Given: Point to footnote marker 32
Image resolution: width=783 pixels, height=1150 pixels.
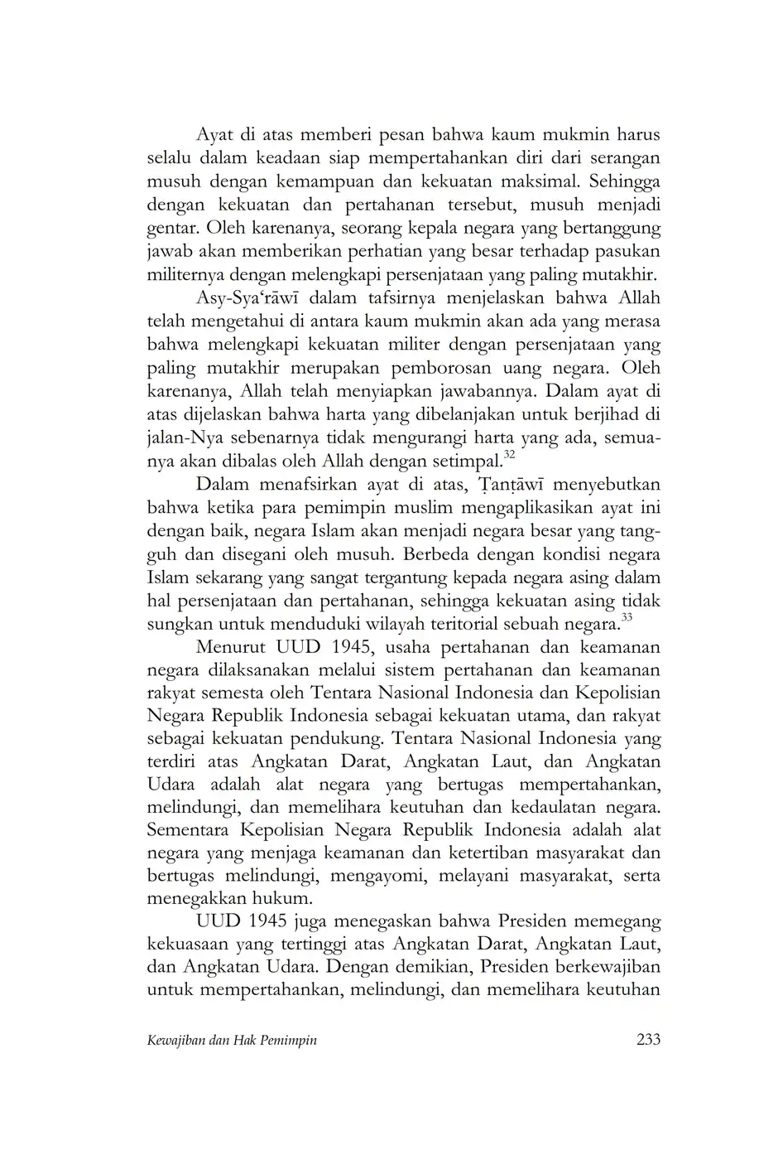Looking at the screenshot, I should click(509, 455).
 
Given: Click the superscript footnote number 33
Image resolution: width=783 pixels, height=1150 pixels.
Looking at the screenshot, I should click(627, 616).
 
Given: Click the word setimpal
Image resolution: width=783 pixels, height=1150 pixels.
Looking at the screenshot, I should click(468, 461).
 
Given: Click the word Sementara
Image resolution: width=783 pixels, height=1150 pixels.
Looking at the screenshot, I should click(188, 829).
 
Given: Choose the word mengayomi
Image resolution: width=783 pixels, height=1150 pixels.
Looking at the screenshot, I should click(380, 876).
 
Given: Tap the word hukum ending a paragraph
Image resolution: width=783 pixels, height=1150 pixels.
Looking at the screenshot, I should click(286, 898).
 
